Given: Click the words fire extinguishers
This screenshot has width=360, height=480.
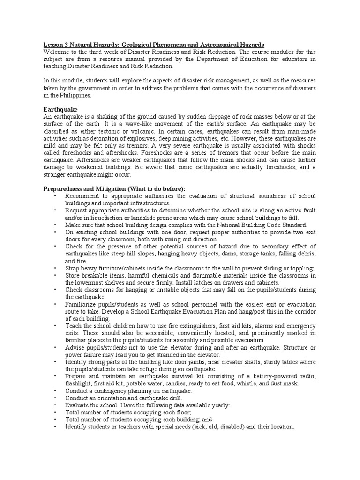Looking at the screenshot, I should pyautogui.click(x=189, y=326).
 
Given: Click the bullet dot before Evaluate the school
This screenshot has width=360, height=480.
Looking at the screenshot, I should pyautogui.click(x=55, y=405).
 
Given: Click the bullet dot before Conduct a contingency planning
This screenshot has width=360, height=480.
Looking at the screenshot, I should pyautogui.click(x=55, y=391).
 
